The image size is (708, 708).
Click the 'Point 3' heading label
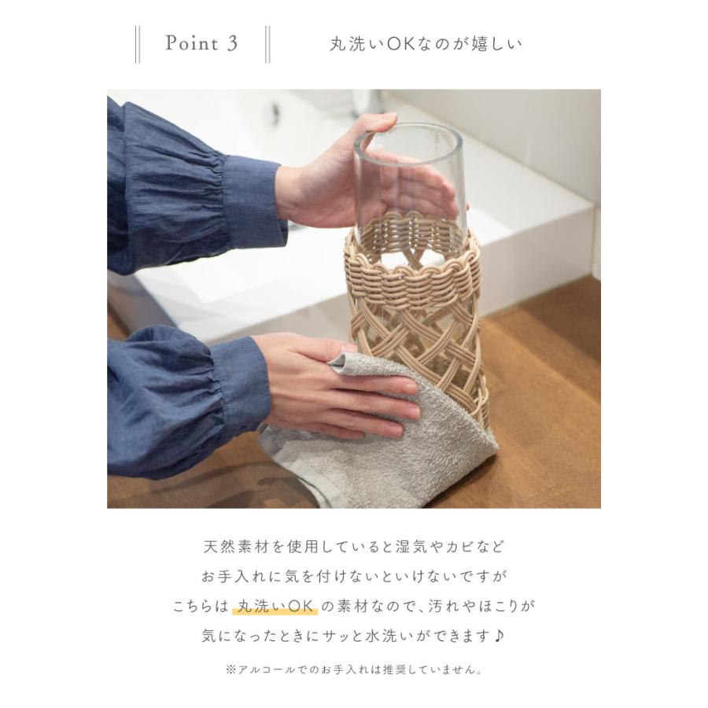(x=201, y=43)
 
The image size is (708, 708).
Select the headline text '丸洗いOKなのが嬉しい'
(x=426, y=44)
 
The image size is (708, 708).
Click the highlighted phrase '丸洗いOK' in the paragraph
(x=275, y=606)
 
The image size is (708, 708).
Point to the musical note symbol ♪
(x=501, y=636)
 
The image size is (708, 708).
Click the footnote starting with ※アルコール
(x=353, y=670)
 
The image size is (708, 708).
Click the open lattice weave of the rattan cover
(x=425, y=338)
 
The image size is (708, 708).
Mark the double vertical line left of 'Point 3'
(x=138, y=44)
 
